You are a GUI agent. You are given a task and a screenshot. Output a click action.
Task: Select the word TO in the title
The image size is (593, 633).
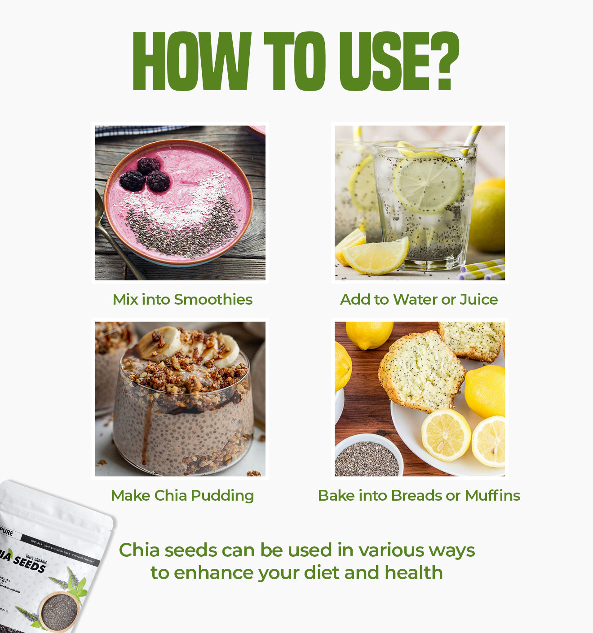(x=295, y=61)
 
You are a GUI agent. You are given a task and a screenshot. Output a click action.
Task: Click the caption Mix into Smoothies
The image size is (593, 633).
(x=182, y=299)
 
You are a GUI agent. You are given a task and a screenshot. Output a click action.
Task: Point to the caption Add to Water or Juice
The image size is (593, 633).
(x=419, y=299)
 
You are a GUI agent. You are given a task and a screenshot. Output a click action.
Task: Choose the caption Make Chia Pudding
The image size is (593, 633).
(x=182, y=495)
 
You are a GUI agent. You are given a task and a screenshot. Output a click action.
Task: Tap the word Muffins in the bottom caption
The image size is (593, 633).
(x=492, y=495)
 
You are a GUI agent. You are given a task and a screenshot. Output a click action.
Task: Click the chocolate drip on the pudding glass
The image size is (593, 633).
(x=145, y=435)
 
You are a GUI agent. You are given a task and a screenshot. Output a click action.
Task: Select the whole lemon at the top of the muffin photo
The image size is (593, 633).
(x=369, y=334)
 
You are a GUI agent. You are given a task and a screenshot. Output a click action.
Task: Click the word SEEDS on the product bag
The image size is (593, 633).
(x=30, y=563)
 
